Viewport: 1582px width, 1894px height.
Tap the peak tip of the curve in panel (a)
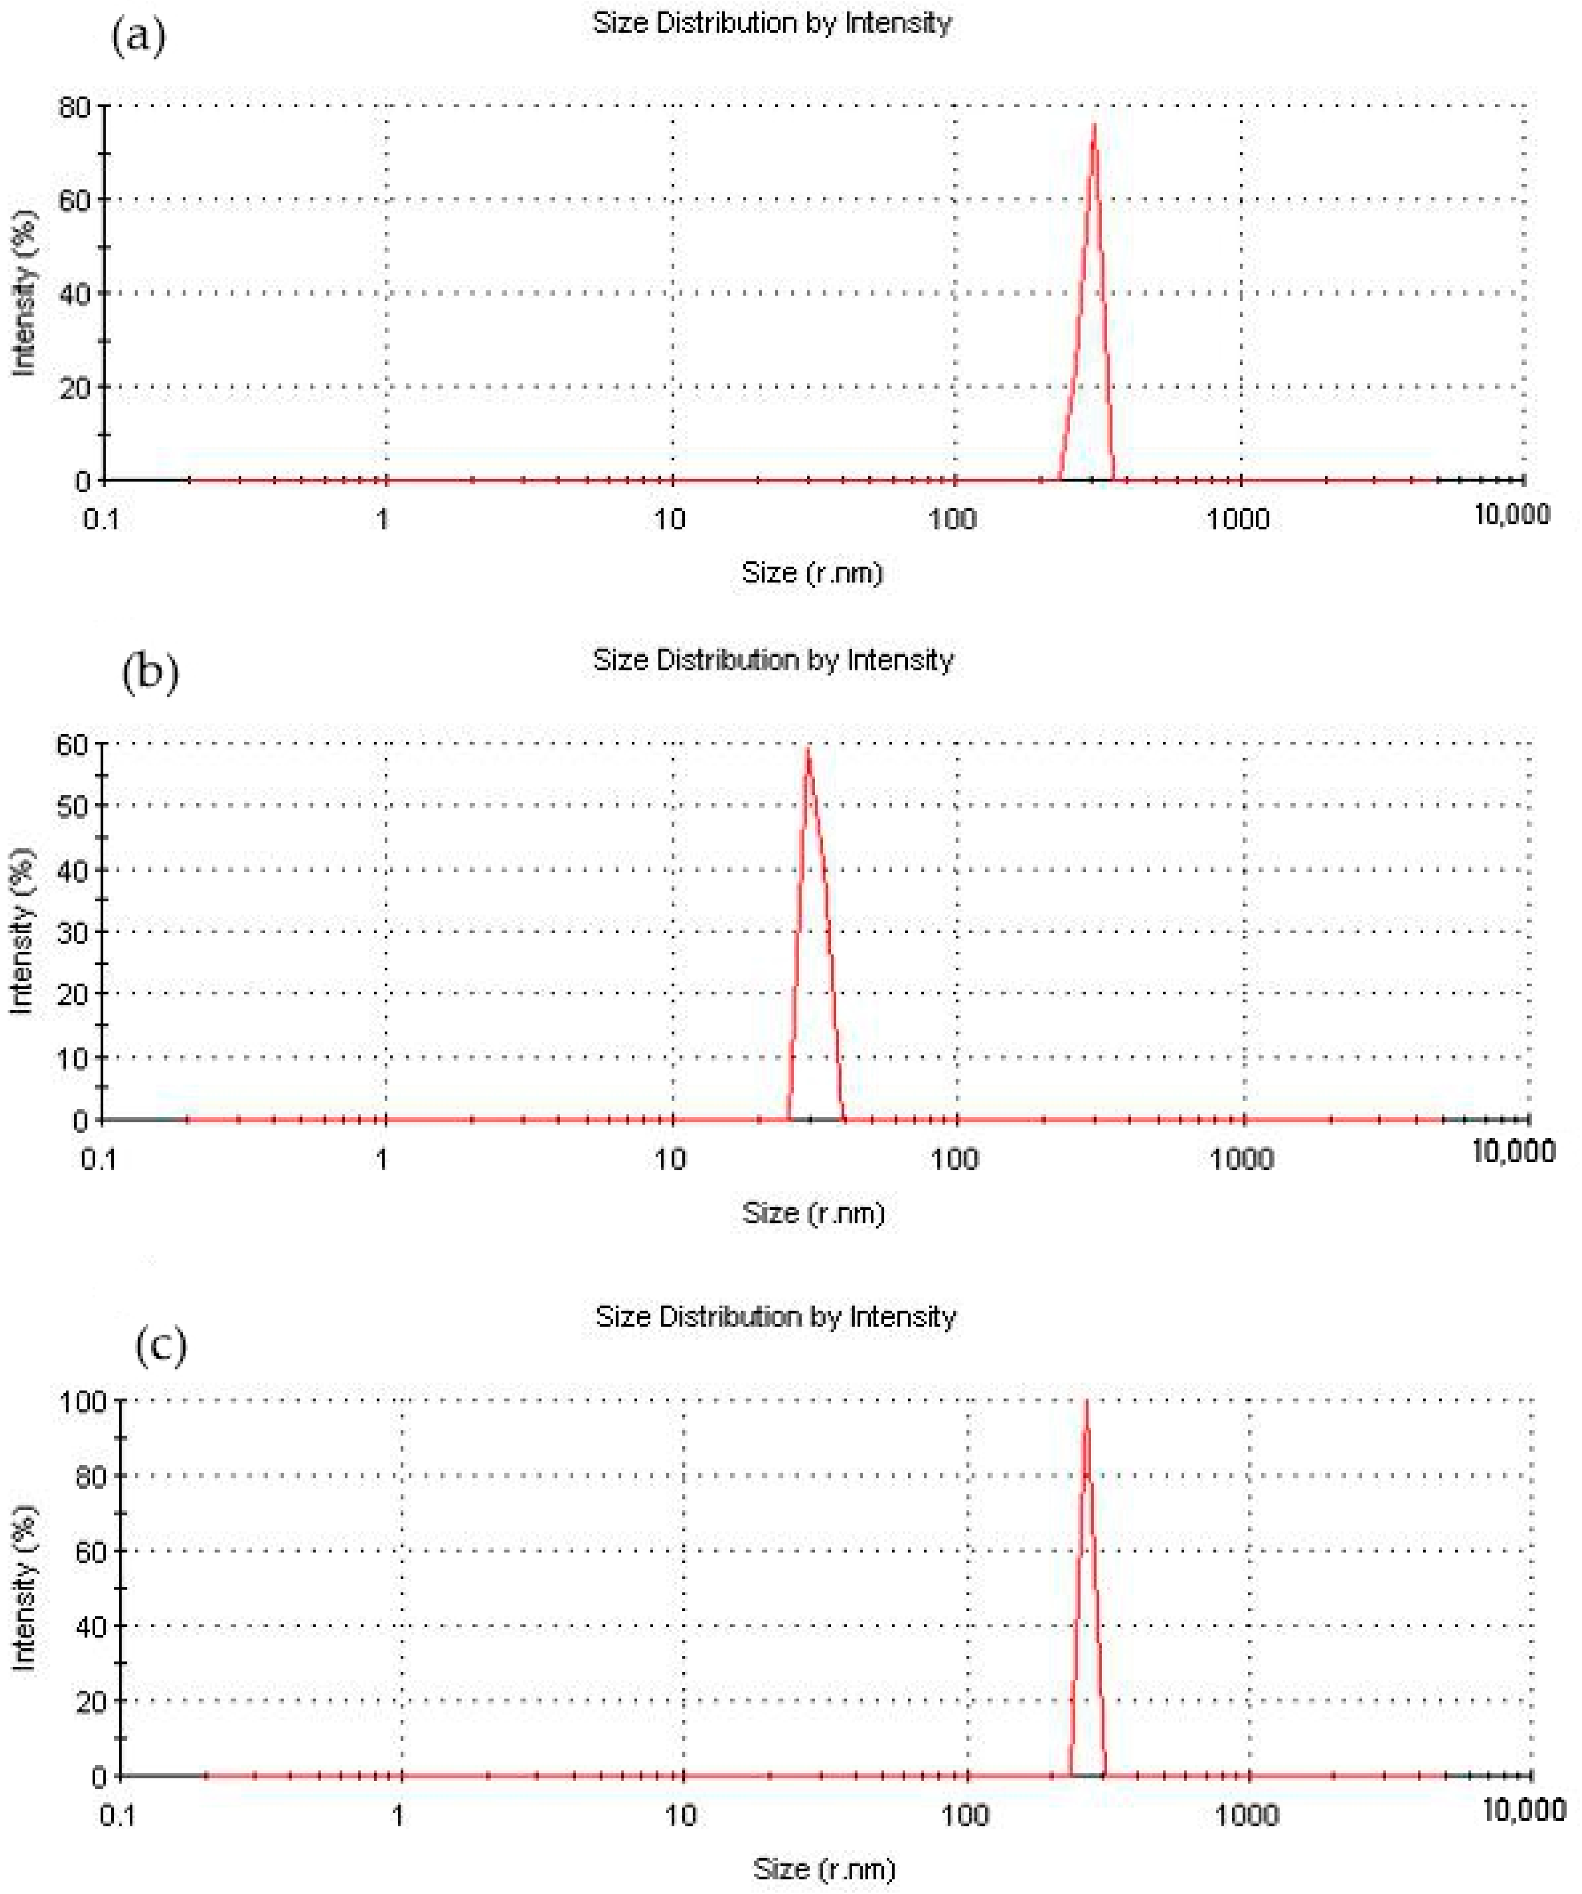click(1094, 124)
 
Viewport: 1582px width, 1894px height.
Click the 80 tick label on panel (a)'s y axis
click(76, 108)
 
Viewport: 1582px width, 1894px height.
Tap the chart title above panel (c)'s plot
click(776, 1317)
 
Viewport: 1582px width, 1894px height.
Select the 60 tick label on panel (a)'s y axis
click(76, 200)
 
